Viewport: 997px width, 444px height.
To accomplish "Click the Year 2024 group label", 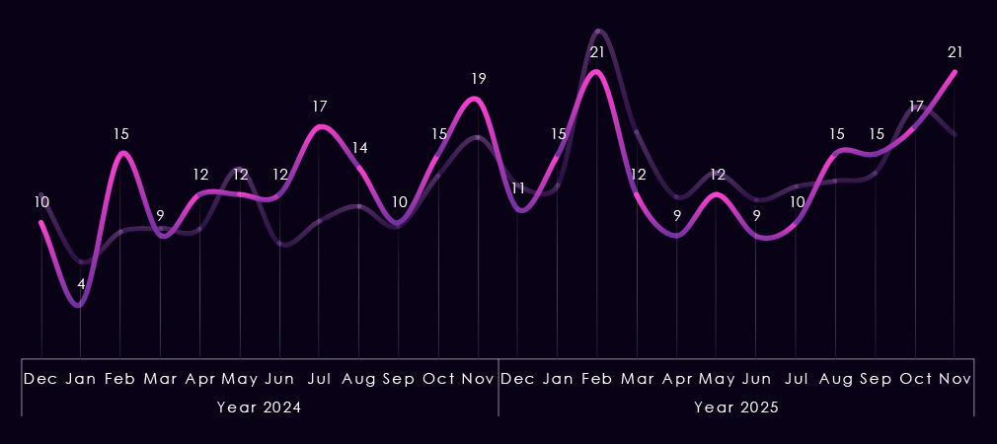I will pos(259,407).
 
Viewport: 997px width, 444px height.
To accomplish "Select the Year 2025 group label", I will pos(736,407).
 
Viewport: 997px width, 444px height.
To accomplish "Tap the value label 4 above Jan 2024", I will pos(81,284).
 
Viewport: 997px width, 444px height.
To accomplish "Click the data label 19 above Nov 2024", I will pos(479,78).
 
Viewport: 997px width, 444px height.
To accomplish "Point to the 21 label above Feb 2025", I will pos(597,51).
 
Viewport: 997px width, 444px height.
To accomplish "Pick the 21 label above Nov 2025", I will pos(955,51).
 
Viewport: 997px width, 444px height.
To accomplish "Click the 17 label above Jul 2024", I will pos(320,106).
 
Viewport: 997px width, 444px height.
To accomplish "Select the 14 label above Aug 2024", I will pos(359,148).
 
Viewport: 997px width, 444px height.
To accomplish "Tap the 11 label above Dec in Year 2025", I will pos(518,187).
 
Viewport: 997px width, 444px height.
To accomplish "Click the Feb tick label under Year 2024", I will pos(120,379).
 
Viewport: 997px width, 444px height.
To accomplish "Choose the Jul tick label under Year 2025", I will pos(796,379).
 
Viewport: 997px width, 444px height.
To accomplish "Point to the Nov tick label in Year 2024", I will pos(479,379).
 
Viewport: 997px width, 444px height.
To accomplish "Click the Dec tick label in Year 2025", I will pos(518,379).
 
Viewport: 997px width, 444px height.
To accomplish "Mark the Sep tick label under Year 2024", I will pos(399,379).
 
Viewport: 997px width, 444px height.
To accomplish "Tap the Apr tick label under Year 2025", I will pos(677,379).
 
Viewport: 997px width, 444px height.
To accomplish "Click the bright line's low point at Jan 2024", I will pos(80,305).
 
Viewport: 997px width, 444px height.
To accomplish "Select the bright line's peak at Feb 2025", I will pos(596,71).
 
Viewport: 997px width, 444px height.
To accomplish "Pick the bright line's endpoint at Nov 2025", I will pos(955,71).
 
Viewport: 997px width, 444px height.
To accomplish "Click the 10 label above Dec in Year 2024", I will pos(41,201).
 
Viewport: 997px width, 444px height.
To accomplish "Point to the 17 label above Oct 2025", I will pos(916,106).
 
